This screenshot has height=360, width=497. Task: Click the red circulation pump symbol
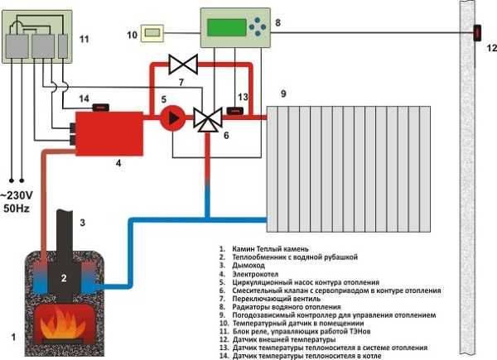tap(174, 118)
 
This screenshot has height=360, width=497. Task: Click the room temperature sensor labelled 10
tap(154, 33)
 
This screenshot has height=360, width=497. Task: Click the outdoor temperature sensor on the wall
tap(478, 33)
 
